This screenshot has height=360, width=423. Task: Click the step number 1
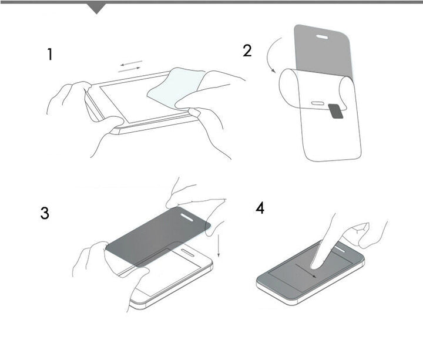click(50, 55)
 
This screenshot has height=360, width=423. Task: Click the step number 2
click(247, 51)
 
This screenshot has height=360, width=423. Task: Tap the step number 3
click(45, 213)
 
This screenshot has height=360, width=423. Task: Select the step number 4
click(260, 208)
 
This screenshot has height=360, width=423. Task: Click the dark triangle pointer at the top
click(96, 8)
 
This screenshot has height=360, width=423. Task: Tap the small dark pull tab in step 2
click(336, 111)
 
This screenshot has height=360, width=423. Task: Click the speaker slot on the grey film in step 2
click(322, 36)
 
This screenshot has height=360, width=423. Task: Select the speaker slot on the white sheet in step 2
click(317, 103)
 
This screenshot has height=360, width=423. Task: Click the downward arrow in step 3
click(219, 244)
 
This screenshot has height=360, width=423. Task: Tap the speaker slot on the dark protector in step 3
click(187, 217)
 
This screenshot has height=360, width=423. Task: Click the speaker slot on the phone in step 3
click(187, 253)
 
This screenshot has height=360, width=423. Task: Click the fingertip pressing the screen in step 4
click(315, 265)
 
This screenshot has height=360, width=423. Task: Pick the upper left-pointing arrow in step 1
click(132, 63)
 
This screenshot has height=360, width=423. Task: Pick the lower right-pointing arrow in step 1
click(129, 69)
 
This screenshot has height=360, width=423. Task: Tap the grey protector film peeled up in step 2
click(324, 51)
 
